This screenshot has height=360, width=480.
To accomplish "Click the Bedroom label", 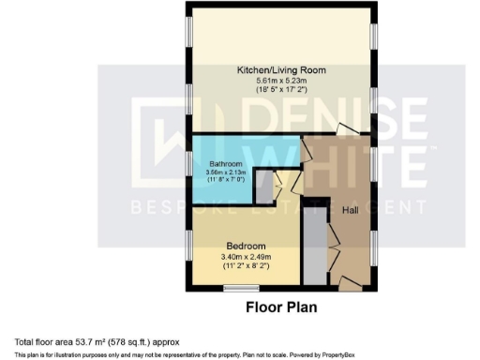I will click(245, 245).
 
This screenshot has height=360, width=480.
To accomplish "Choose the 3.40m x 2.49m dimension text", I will click(247, 257).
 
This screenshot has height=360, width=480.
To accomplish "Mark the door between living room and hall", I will click(346, 130).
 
